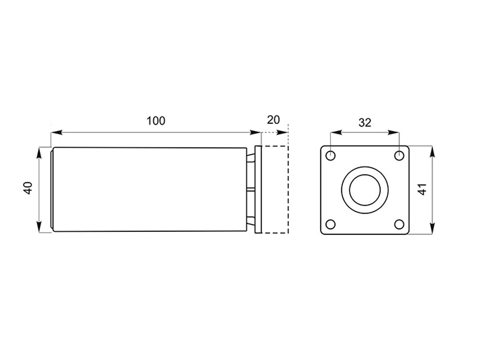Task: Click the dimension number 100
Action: pyautogui.click(x=156, y=121)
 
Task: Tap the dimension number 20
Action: pyautogui.click(x=274, y=120)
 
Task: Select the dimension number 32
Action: pyautogui.click(x=365, y=122)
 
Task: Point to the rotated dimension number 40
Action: pyautogui.click(x=28, y=188)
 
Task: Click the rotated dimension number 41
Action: pyautogui.click(x=422, y=189)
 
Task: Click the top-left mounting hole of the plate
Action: pyautogui.click(x=331, y=156)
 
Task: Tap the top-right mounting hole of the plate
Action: pyautogui.click(x=399, y=156)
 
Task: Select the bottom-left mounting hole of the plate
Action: pyautogui.click(x=331, y=224)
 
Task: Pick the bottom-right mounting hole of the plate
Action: pyautogui.click(x=399, y=224)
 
